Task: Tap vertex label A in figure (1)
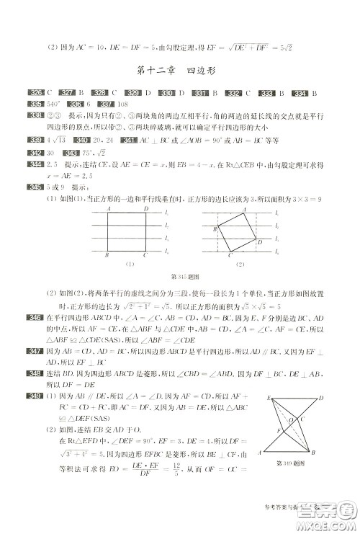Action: (x=108, y=208)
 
